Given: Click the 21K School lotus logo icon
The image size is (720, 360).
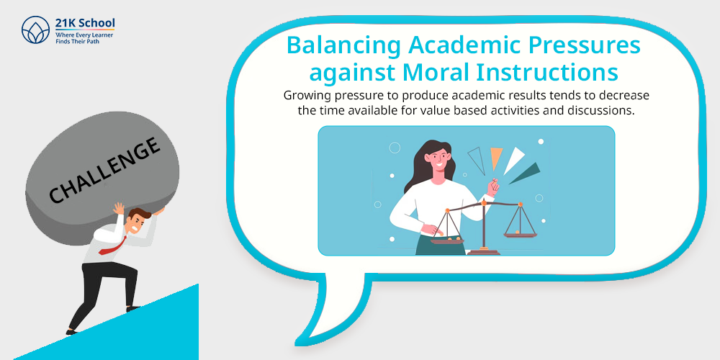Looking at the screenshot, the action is [x=35, y=30].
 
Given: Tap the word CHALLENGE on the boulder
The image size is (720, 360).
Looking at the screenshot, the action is [x=105, y=171].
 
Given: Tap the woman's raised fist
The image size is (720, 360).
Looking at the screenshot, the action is [x=492, y=186].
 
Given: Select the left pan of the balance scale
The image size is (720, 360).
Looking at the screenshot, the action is [x=447, y=240].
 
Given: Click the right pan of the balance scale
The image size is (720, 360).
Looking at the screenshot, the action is [x=520, y=235].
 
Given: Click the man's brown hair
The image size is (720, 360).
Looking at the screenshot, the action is [x=140, y=213].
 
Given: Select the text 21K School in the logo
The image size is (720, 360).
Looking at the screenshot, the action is [x=85, y=24].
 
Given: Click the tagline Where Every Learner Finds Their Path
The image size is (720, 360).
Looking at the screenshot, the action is [x=84, y=38].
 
